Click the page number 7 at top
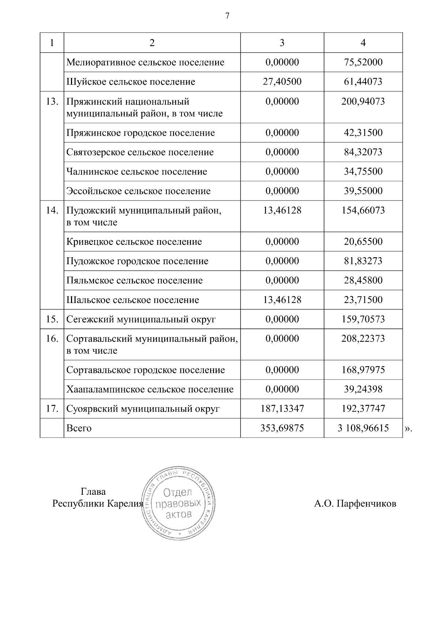[227, 16]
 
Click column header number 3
[282, 43]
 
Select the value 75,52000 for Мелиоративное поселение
[363, 62]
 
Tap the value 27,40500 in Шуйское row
[282, 82]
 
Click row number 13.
[52, 101]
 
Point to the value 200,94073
[363, 101]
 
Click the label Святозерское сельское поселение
[140, 152]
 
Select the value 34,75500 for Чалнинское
[363, 172]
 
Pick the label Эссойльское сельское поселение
[138, 191]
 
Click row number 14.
[52, 210]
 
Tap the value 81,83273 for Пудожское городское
[363, 261]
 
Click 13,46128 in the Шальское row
[282, 300]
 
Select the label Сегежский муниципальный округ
[141, 319]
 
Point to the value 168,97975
[363, 370]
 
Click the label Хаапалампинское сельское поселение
[150, 389]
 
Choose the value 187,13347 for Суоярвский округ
[282, 409]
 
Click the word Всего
[79, 428]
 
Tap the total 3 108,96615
[363, 428]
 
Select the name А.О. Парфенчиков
[355, 504]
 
